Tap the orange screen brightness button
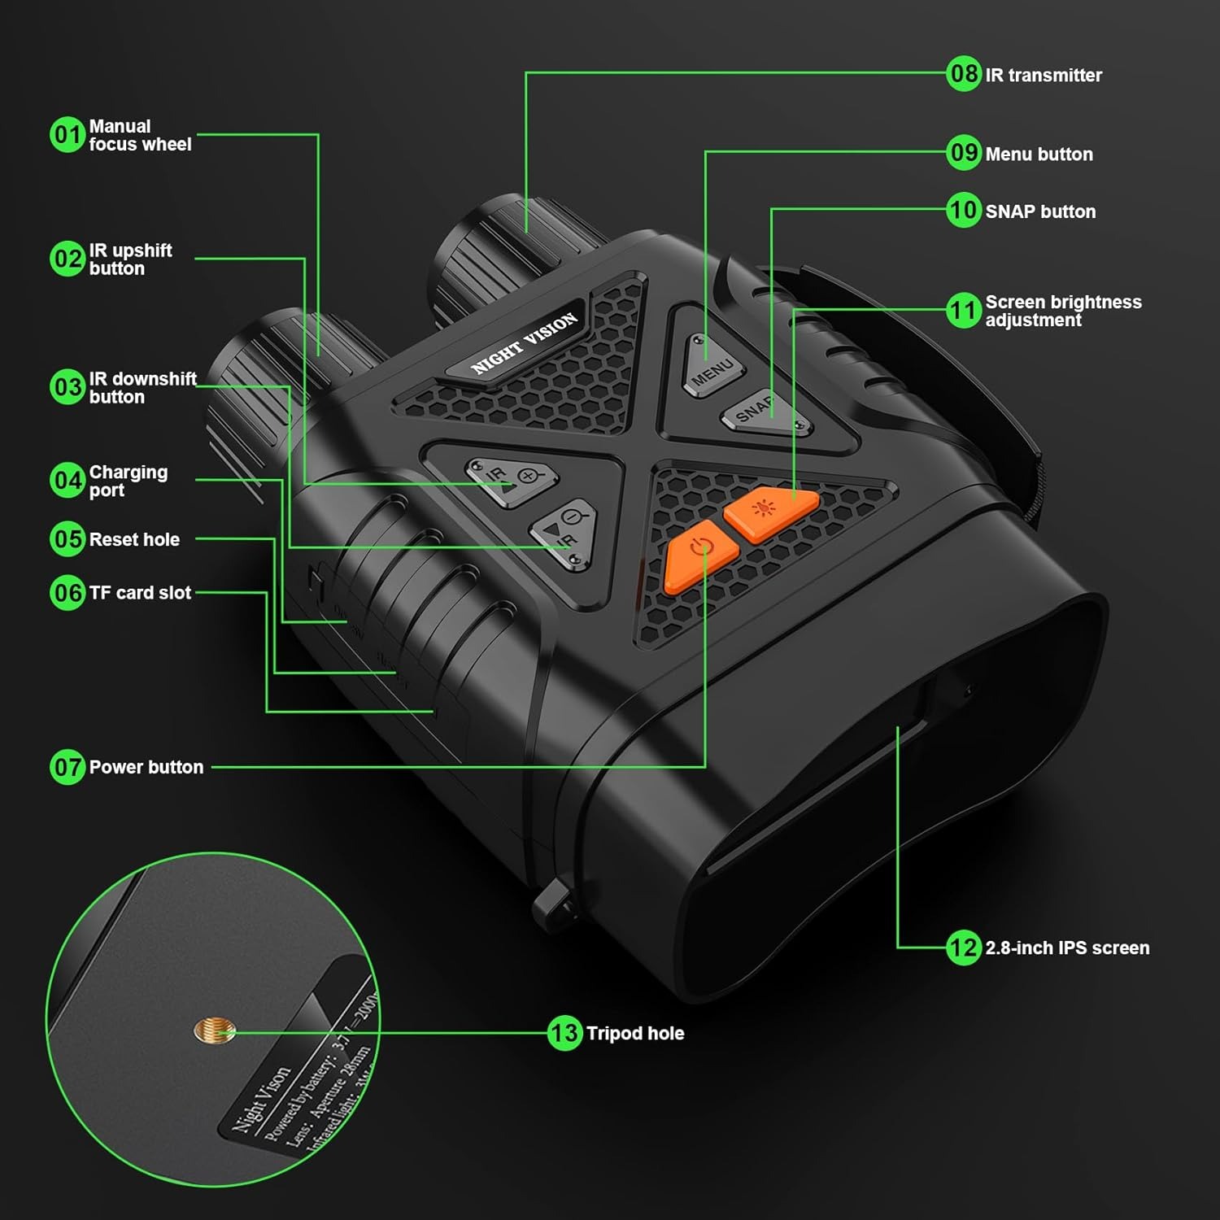[769, 512]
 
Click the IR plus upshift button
[512, 480]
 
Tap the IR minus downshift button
[564, 533]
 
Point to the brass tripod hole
[214, 1031]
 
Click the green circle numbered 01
[68, 134]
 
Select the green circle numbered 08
[964, 74]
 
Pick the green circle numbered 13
[564, 1033]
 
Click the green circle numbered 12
[964, 948]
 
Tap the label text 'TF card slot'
[140, 593]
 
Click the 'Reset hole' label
[134, 539]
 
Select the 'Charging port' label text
[128, 481]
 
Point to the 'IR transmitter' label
[1044, 75]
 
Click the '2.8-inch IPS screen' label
[1067, 948]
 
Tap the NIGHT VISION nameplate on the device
[525, 342]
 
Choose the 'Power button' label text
[146, 767]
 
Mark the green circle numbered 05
[68, 539]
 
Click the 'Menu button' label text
[1039, 154]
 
